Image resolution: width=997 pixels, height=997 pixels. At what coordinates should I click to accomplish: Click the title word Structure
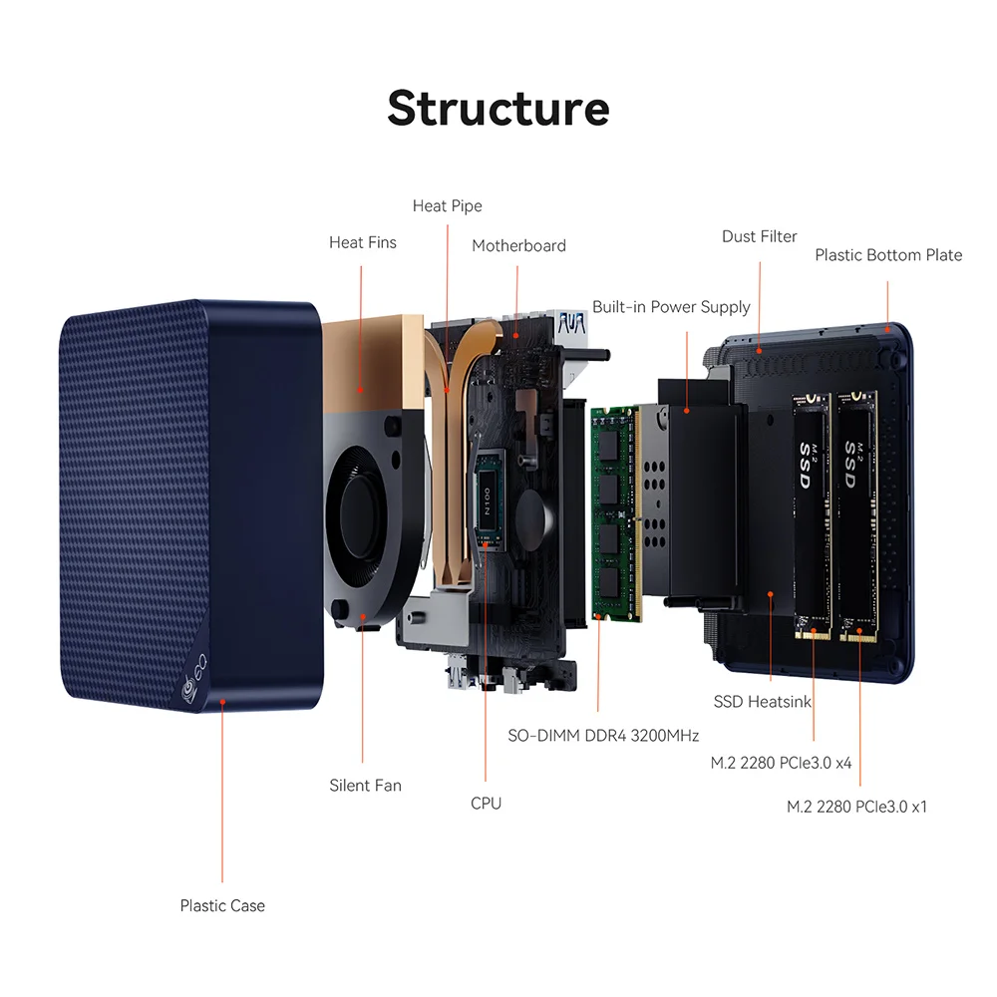coord(498,108)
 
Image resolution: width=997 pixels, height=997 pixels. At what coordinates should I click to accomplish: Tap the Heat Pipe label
coord(447,206)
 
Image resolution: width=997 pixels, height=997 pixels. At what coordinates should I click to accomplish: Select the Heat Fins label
coord(363,242)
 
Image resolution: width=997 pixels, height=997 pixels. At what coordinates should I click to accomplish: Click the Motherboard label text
coord(518,245)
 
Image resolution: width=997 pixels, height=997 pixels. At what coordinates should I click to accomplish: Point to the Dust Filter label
coord(759,236)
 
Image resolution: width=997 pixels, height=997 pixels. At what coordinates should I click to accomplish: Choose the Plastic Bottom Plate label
coord(888,255)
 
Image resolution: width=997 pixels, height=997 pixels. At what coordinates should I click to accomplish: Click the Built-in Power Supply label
coord(671,307)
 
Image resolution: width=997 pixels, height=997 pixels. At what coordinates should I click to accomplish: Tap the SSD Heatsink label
coord(763,701)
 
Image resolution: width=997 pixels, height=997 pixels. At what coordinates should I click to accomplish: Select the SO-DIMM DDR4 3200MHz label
coord(603,736)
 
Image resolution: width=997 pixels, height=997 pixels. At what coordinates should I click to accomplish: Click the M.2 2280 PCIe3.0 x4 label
coord(781,763)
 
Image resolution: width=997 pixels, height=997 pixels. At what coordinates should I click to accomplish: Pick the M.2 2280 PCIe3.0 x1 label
coord(856,807)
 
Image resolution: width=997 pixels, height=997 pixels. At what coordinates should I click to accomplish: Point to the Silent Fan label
coord(365,786)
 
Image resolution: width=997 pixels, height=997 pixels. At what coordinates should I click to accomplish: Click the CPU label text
coord(486,803)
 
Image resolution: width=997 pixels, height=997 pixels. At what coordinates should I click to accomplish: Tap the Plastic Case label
coord(222,905)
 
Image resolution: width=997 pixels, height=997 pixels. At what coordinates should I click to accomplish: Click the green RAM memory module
coord(615,512)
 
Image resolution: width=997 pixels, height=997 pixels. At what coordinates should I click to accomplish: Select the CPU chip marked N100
coord(489,501)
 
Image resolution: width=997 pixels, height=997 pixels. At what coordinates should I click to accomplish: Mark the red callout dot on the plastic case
coord(222,702)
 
